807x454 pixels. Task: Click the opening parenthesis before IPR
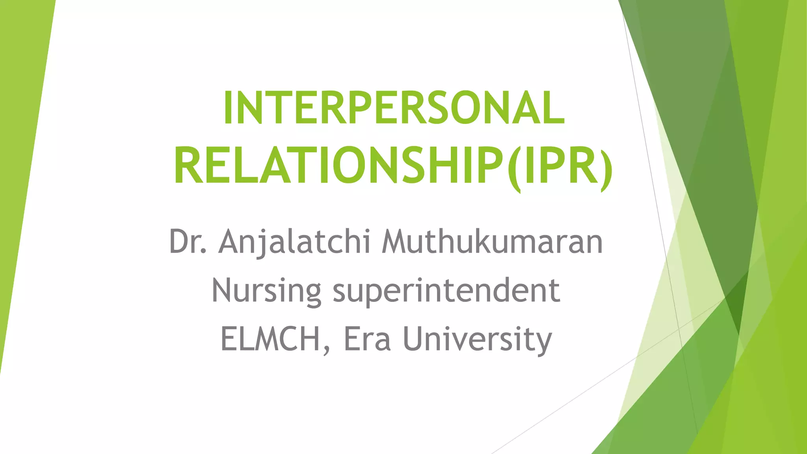coord(514,167)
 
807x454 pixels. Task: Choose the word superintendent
coord(446,291)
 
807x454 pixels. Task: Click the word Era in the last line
coord(367,339)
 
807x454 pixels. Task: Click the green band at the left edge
coord(20,158)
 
